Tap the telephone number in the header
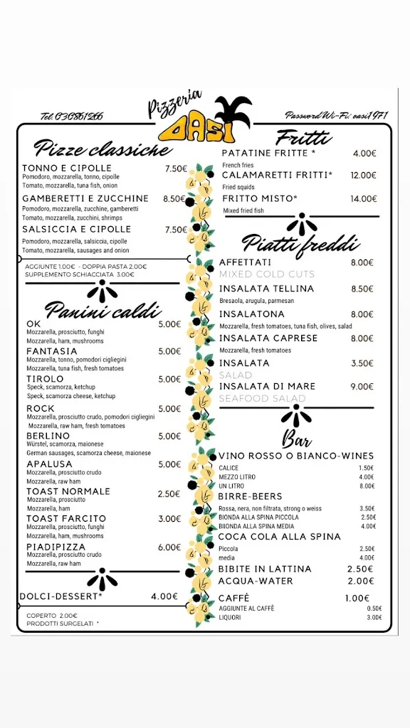click(71, 116)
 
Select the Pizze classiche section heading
click(102, 149)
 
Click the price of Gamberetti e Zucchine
click(174, 199)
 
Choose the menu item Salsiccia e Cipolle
click(77, 230)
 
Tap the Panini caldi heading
click(102, 310)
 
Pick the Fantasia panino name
click(52, 351)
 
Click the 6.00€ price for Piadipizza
click(169, 547)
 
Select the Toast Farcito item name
click(66, 519)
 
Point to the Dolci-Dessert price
click(164, 596)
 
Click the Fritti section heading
click(303, 138)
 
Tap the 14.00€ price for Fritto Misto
click(363, 199)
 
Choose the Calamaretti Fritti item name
click(277, 175)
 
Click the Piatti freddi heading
click(300, 244)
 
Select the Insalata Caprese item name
click(268, 338)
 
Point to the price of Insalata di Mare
click(362, 387)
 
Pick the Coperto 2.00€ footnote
click(52, 616)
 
